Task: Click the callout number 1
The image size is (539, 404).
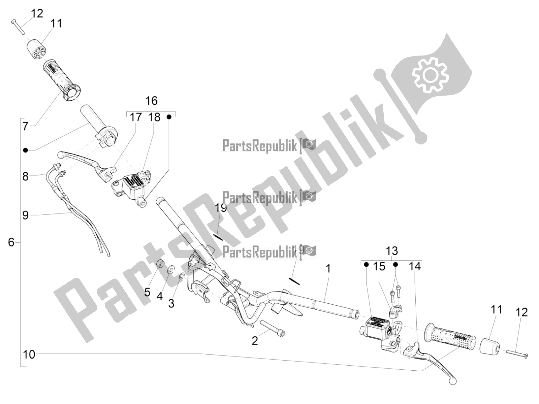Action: [328, 269]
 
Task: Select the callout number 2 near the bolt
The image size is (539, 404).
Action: [255, 340]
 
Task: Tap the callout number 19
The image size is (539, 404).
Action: [221, 208]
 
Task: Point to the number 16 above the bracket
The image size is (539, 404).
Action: [151, 101]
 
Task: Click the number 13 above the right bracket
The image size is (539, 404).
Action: [391, 251]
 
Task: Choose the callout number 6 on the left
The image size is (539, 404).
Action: [11, 242]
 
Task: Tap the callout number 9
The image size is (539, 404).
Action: [25, 215]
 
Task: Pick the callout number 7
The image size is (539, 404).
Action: [25, 126]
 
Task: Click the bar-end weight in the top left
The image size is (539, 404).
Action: [36, 50]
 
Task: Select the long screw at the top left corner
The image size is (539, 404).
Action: [18, 27]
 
